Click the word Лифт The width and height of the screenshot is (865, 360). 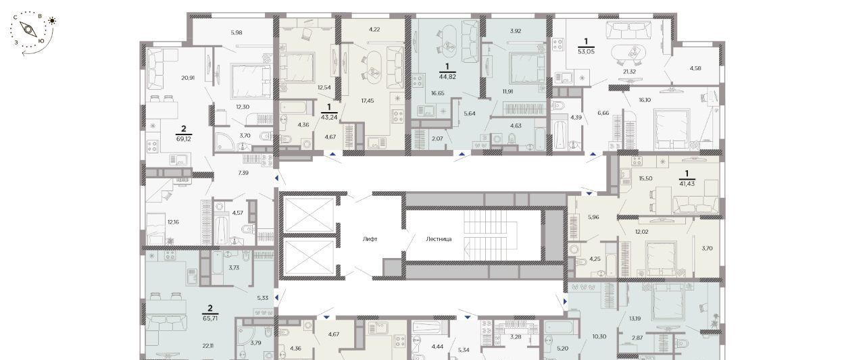(x=370, y=239)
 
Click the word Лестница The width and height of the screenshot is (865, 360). (x=439, y=239)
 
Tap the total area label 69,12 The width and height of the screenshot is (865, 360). (x=184, y=139)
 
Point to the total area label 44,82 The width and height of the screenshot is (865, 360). (x=447, y=76)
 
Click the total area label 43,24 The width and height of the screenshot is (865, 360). (x=329, y=117)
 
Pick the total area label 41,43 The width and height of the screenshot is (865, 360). (x=687, y=184)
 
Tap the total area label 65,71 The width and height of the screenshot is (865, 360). (x=210, y=318)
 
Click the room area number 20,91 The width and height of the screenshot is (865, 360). (x=188, y=78)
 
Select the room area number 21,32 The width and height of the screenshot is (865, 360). (x=629, y=72)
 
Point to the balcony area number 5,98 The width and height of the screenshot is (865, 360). (x=237, y=33)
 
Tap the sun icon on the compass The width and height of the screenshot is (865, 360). (x=52, y=21)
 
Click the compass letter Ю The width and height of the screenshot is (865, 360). (x=41, y=41)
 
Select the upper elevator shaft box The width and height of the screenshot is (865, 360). (x=309, y=215)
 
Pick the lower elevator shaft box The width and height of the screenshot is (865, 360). (x=309, y=258)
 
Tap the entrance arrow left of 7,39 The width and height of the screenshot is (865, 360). (x=276, y=178)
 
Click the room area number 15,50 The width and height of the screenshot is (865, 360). (x=645, y=178)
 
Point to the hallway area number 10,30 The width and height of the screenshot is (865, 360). (x=599, y=336)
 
